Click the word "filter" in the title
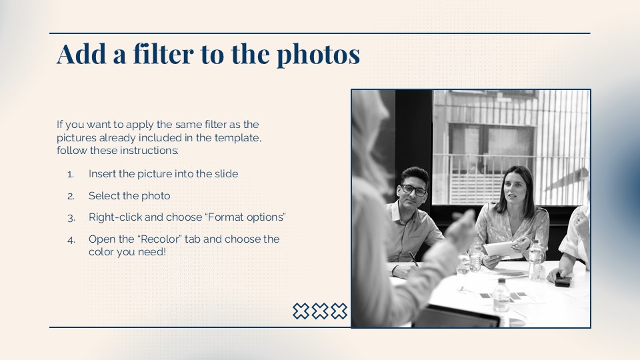click(163, 54)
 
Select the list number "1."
click(71, 175)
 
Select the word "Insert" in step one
click(102, 174)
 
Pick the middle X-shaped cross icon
click(320, 311)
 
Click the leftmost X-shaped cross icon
click(301, 311)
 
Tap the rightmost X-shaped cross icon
click(339, 311)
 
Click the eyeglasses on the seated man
click(413, 190)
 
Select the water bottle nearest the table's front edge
click(501, 296)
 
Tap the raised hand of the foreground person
click(461, 230)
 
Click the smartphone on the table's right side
click(563, 280)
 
